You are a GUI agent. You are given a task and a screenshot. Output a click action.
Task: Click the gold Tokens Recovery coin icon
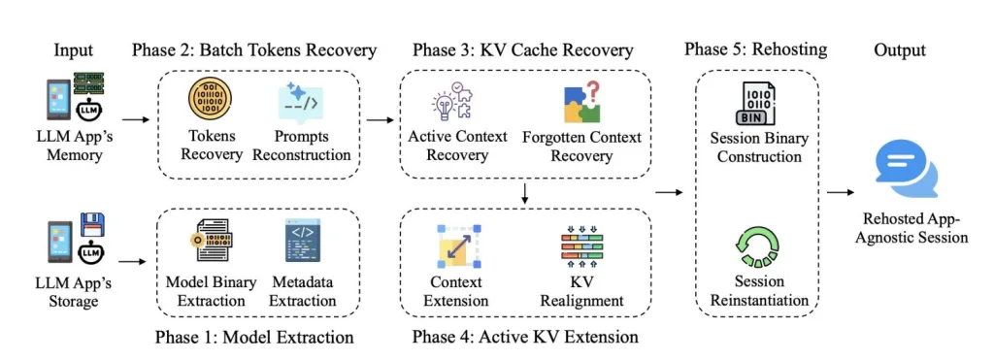coord(210,102)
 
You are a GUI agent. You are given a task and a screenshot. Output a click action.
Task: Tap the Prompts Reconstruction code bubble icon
coord(301,103)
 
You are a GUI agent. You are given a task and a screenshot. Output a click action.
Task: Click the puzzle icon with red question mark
coord(581,102)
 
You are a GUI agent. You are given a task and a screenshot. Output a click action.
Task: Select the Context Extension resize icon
coord(455,245)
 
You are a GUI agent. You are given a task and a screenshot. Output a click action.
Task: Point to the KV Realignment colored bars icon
coord(580,245)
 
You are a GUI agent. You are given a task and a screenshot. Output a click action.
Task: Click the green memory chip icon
coord(88,83)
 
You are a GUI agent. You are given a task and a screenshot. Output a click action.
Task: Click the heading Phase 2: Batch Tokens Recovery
coord(254,50)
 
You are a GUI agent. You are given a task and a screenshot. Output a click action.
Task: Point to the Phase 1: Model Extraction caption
coord(254,336)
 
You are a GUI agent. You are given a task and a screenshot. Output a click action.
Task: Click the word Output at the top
coord(900,50)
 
